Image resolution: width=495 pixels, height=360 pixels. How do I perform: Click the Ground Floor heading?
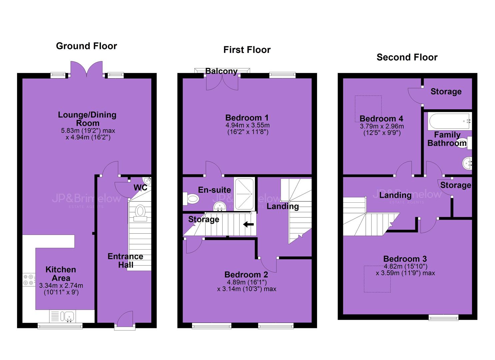tap(86, 46)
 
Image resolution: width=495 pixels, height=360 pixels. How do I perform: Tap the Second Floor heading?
tap(407, 57)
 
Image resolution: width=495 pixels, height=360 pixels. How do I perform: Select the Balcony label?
tap(221, 71)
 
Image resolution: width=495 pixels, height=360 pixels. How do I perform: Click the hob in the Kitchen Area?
tap(29, 280)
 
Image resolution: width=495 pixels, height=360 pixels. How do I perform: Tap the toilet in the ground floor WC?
tap(140, 213)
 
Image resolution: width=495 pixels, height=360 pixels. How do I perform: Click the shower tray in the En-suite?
tap(244, 194)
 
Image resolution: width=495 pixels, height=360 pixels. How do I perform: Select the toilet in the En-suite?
tap(191, 199)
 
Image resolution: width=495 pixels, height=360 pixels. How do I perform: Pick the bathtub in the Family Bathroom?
tap(449, 121)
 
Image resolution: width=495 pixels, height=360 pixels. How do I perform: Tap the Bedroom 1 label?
tap(247, 118)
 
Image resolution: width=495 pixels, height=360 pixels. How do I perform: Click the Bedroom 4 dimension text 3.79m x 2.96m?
tap(382, 126)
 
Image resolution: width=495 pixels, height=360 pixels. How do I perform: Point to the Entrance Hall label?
tap(125, 261)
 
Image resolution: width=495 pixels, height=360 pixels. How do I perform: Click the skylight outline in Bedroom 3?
tap(377, 279)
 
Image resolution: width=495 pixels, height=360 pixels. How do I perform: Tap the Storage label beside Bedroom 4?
tap(446, 91)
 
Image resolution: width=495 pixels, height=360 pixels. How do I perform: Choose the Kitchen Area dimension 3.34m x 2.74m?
tap(61, 286)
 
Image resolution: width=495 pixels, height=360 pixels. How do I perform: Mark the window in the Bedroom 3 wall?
tap(443, 317)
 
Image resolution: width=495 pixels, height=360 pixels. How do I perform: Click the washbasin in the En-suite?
tap(220, 207)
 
